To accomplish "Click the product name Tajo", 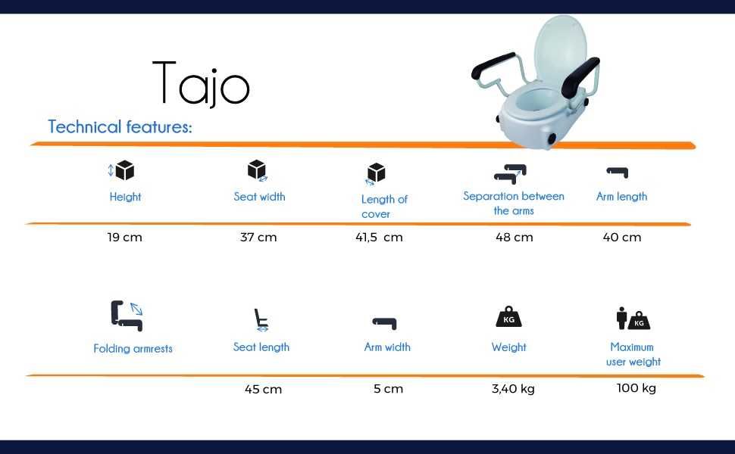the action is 201,82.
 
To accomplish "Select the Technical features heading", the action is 120,127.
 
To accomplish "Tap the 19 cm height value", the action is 125,238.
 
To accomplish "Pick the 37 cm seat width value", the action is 258,238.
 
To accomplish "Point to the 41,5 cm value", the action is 379,238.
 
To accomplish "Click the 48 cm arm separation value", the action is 514,238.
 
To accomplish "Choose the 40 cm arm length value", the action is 622,238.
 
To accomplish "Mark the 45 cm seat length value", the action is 263,390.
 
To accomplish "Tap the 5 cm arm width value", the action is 388,389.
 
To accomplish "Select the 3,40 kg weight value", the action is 513,389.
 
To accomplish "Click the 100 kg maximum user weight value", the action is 636,388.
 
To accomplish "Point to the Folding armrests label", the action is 133,349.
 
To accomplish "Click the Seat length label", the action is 261,347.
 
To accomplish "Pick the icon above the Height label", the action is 121,170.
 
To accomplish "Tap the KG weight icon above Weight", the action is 508,317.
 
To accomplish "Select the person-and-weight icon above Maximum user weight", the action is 633,319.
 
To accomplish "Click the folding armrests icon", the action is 127,316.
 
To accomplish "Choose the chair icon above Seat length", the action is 261,320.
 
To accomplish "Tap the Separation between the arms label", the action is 514,204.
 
